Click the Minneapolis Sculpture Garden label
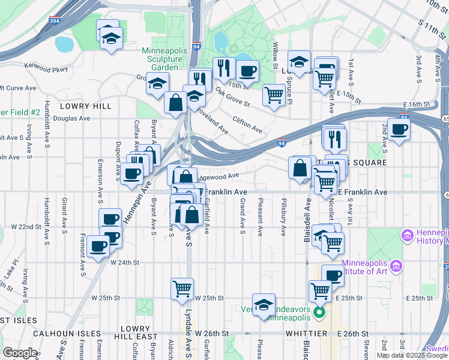162,59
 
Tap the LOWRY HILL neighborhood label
86,106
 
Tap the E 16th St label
414,104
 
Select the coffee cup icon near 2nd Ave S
399,130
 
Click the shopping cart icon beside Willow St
274,94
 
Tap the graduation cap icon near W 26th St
264,305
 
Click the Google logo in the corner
20,353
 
